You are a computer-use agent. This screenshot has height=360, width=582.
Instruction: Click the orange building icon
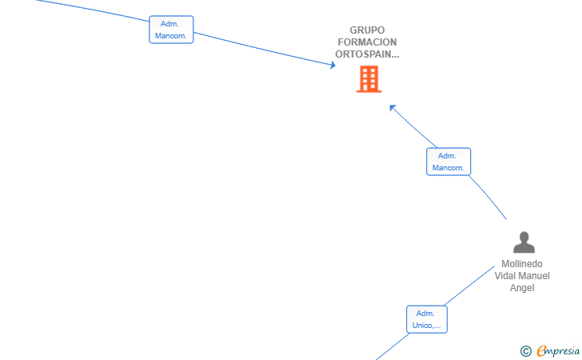pyautogui.click(x=369, y=78)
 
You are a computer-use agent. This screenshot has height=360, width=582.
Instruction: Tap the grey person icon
pyautogui.click(x=524, y=242)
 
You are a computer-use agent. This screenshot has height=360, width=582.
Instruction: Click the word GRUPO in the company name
pyautogui.click(x=367, y=30)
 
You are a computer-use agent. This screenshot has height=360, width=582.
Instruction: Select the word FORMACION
pyautogui.click(x=367, y=42)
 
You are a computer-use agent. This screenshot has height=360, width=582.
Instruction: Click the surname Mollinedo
pyautogui.click(x=522, y=264)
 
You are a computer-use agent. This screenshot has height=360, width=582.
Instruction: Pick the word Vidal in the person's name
pyautogui.click(x=504, y=276)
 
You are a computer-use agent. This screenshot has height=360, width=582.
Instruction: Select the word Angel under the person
pyautogui.click(x=522, y=288)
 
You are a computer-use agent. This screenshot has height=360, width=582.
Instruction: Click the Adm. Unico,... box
pyautogui.click(x=427, y=319)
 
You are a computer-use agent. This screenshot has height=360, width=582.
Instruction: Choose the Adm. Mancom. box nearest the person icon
pyautogui.click(x=448, y=162)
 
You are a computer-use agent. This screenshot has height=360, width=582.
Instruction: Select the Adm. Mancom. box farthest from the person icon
pyautogui.click(x=171, y=30)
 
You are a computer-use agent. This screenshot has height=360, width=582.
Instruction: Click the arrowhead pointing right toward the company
pyautogui.click(x=333, y=65)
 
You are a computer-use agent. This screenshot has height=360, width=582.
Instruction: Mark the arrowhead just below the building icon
pyautogui.click(x=393, y=108)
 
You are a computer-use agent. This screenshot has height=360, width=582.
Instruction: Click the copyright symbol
pyautogui.click(x=526, y=351)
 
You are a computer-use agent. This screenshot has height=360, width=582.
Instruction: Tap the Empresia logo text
pyautogui.click(x=558, y=351)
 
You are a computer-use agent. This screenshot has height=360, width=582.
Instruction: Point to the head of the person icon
pyautogui.click(x=524, y=237)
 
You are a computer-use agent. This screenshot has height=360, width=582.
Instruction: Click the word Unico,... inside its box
pyautogui.click(x=426, y=326)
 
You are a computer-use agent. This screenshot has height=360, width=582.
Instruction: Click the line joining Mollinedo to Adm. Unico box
pyautogui.click(x=469, y=286)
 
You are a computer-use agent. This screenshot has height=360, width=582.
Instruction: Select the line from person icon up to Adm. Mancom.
pyautogui.click(x=488, y=197)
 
